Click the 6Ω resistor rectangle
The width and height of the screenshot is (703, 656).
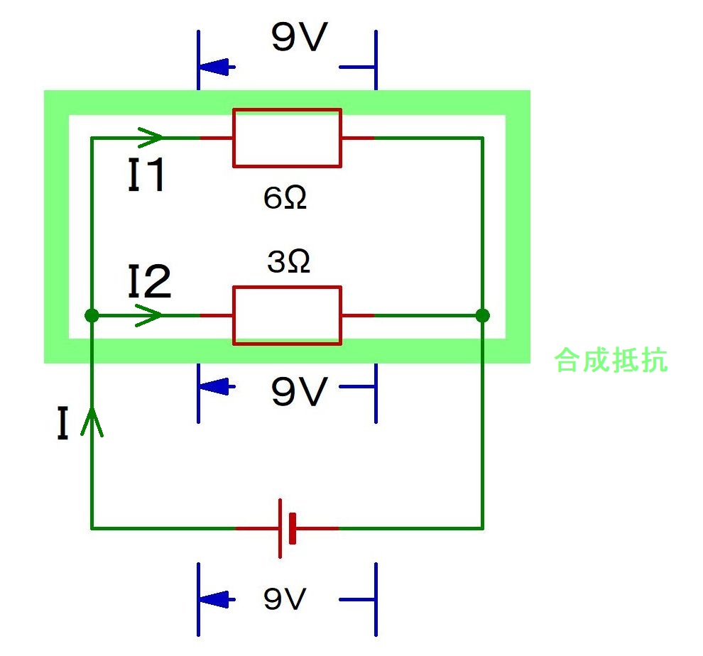tap(287, 138)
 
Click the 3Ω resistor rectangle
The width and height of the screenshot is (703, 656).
tap(287, 315)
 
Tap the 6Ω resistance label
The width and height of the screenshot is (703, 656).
tap(285, 199)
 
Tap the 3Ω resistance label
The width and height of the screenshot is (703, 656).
tap(288, 263)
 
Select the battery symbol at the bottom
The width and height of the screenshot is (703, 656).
tap(287, 528)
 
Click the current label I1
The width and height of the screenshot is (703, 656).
tap(147, 175)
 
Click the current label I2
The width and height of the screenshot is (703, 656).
tap(149, 282)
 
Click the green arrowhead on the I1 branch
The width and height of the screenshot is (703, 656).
tap(151, 136)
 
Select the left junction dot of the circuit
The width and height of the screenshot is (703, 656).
tap(92, 315)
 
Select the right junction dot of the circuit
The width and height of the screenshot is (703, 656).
tap(483, 315)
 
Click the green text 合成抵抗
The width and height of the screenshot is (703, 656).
tap(611, 360)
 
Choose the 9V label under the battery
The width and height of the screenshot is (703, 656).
tap(284, 600)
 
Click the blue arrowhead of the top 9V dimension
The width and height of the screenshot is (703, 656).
tap(216, 67)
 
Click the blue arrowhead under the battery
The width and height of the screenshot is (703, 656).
tap(216, 600)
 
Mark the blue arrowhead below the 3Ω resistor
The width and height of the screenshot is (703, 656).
tap(216, 387)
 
